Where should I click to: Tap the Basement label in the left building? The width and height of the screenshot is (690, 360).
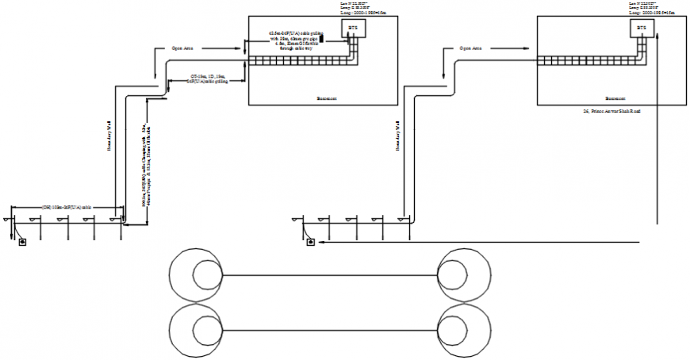pos(327,98)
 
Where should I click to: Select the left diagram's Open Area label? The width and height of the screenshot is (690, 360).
pos(183,48)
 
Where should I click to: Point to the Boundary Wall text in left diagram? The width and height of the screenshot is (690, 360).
pos(111,136)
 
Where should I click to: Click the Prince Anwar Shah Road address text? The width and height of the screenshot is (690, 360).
pos(611,111)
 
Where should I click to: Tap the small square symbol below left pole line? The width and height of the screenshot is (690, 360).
pos(22,242)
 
